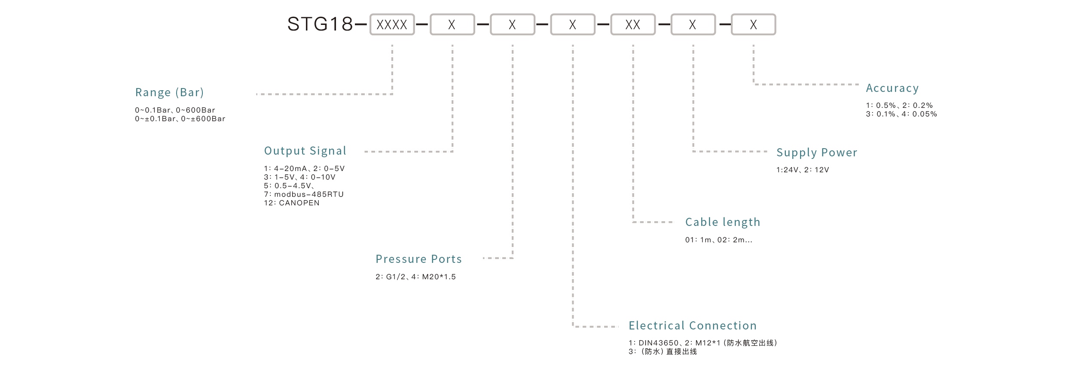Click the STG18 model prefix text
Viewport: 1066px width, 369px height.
point(320,24)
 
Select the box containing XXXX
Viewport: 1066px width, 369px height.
point(392,24)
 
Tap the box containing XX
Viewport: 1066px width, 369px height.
point(633,24)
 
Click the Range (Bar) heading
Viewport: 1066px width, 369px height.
point(169,92)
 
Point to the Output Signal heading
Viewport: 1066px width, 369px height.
point(305,151)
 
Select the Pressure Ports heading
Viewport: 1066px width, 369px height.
point(418,259)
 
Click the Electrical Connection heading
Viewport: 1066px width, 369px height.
point(692,326)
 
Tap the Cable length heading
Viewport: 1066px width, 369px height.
point(723,222)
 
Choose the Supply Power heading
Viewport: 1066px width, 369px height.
point(817,152)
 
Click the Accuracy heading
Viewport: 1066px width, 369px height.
point(892,88)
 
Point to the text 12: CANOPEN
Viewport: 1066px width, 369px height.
point(292,203)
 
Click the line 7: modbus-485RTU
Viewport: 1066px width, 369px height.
point(304,194)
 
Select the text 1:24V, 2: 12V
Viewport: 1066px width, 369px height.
point(802,170)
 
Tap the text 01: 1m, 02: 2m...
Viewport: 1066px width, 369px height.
point(718,240)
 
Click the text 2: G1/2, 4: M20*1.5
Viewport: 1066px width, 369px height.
point(415,277)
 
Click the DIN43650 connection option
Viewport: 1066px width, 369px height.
point(658,343)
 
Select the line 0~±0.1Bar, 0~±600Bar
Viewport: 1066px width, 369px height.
point(180,119)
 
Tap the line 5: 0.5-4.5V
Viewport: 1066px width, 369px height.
point(289,186)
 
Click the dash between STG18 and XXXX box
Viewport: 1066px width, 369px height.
point(360,24)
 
